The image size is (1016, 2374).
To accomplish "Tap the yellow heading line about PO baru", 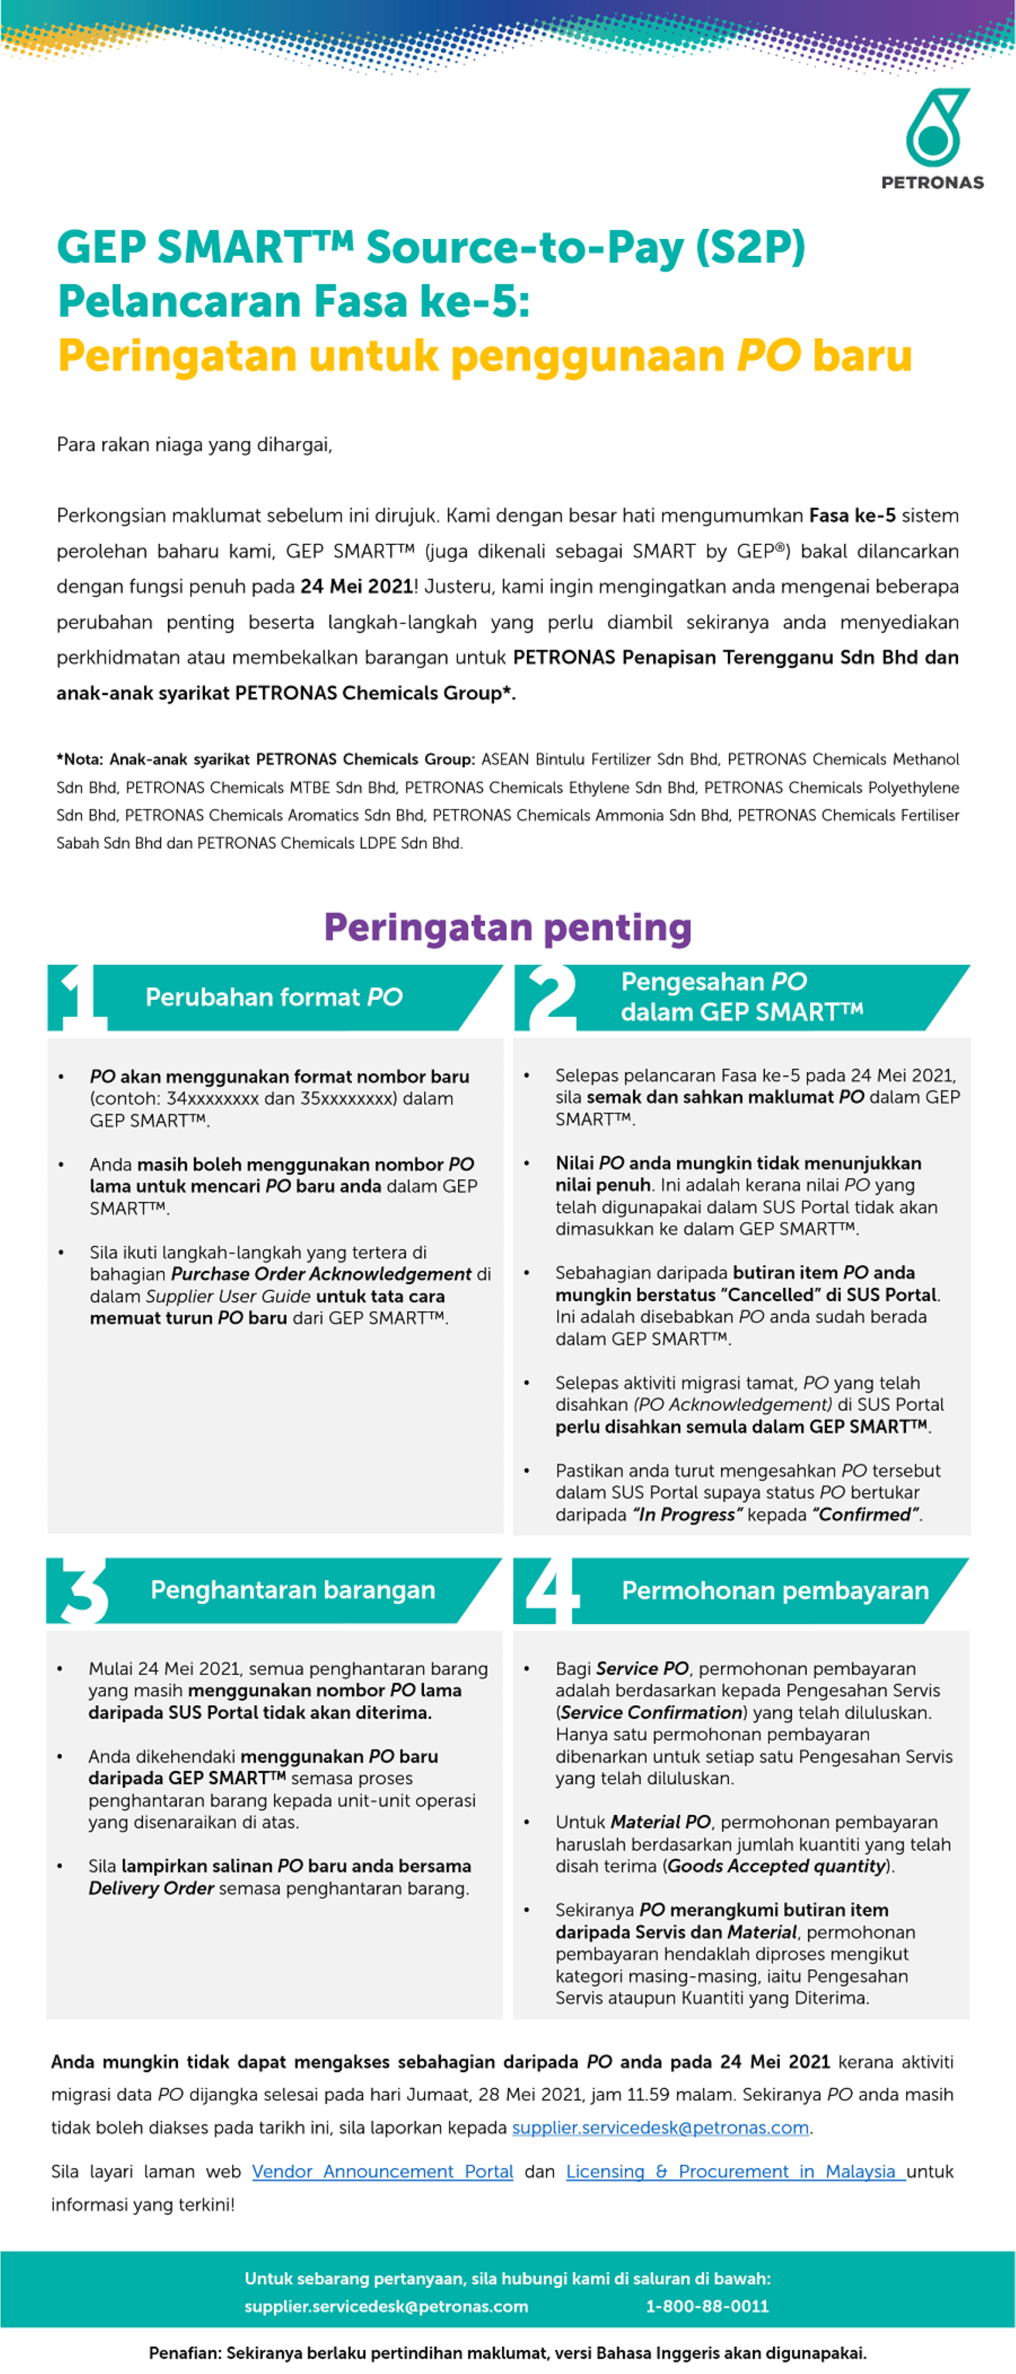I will click(x=485, y=356).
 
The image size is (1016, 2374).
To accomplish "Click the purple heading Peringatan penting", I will click(x=507, y=927).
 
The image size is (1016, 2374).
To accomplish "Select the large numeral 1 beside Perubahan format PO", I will click(x=76, y=997).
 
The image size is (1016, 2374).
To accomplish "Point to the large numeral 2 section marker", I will click(x=549, y=997).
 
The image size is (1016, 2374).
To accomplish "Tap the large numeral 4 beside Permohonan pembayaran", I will click(x=550, y=1590).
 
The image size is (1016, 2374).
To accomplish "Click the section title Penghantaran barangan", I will click(x=293, y=1590).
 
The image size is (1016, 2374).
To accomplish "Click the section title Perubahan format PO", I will click(x=274, y=997).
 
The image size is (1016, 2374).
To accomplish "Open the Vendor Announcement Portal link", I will click(x=382, y=2171).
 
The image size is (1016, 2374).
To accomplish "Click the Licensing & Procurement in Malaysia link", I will click(x=734, y=2171).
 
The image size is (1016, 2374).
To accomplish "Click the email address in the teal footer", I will click(x=386, y=2306).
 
